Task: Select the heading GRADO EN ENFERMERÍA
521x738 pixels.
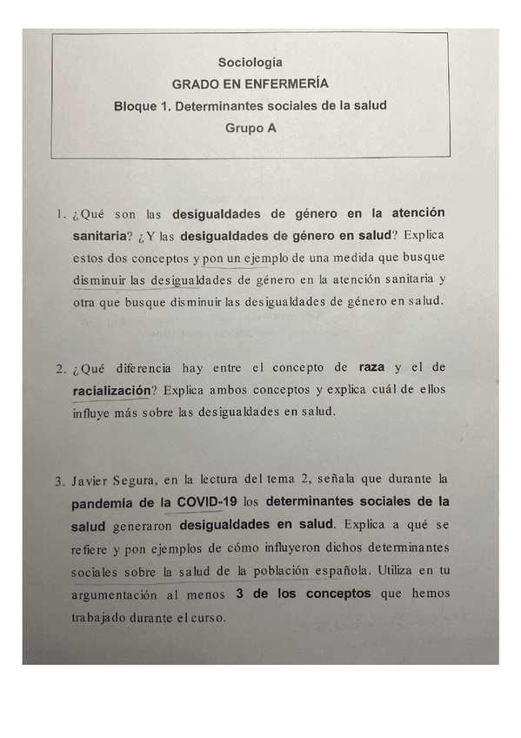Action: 250,84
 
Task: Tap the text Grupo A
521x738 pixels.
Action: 250,127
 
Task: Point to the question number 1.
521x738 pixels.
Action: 59,214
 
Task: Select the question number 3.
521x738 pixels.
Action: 59,480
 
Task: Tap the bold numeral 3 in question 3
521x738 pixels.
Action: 239,594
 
